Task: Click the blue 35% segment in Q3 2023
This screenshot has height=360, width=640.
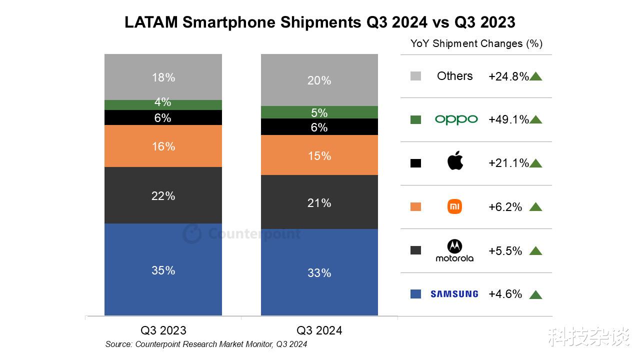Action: [x=163, y=270]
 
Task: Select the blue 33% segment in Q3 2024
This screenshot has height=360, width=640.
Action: [x=319, y=272]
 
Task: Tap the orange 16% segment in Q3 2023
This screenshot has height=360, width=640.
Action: [x=163, y=146]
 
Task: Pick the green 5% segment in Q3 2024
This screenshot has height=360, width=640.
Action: [x=319, y=112]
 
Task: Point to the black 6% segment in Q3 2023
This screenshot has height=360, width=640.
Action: [x=163, y=117]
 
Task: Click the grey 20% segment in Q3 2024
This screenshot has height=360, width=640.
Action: [x=319, y=80]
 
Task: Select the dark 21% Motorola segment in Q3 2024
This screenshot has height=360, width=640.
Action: [x=319, y=202]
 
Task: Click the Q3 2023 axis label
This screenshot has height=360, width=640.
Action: [x=163, y=330]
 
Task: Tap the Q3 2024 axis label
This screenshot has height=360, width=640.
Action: [x=319, y=330]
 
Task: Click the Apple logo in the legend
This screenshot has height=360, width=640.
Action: [x=455, y=161]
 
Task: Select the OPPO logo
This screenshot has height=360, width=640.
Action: [x=456, y=119]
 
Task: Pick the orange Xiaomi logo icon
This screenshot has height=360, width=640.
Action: [x=454, y=206]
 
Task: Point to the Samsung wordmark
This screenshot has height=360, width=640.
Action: [x=454, y=294]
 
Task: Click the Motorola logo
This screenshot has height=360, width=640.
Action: [x=454, y=250]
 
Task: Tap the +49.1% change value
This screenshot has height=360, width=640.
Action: [x=508, y=119]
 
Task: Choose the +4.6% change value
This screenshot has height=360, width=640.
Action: [x=505, y=294]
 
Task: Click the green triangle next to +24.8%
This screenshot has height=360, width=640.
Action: [x=535, y=76]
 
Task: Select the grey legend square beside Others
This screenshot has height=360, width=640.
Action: [x=415, y=76]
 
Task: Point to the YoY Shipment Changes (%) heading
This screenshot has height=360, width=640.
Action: [x=476, y=43]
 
